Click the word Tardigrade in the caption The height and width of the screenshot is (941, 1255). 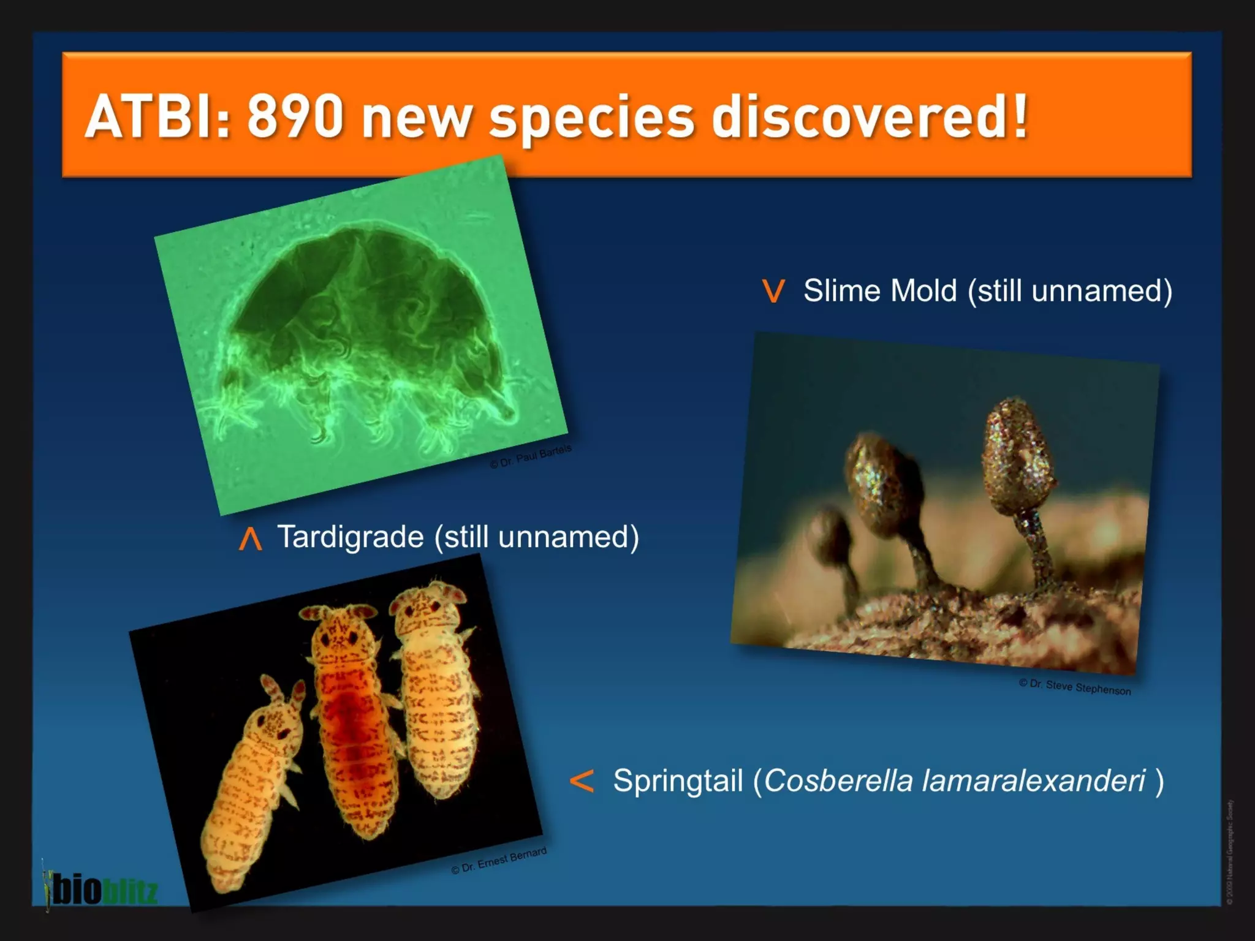click(350, 537)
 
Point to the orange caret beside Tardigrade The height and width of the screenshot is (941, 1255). click(250, 539)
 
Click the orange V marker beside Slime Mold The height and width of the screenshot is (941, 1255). click(773, 291)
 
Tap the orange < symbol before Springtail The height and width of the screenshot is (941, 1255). click(581, 781)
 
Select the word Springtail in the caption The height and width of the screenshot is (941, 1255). click(678, 781)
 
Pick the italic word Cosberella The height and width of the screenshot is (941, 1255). click(838, 780)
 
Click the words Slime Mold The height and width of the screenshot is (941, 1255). click(879, 290)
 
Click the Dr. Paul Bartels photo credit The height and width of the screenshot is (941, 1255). click(531, 456)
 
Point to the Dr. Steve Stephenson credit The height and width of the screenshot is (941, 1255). click(1075, 687)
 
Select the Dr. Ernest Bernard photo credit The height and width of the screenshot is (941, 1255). click(499, 861)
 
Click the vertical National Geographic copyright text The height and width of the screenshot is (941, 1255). click(1229, 852)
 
